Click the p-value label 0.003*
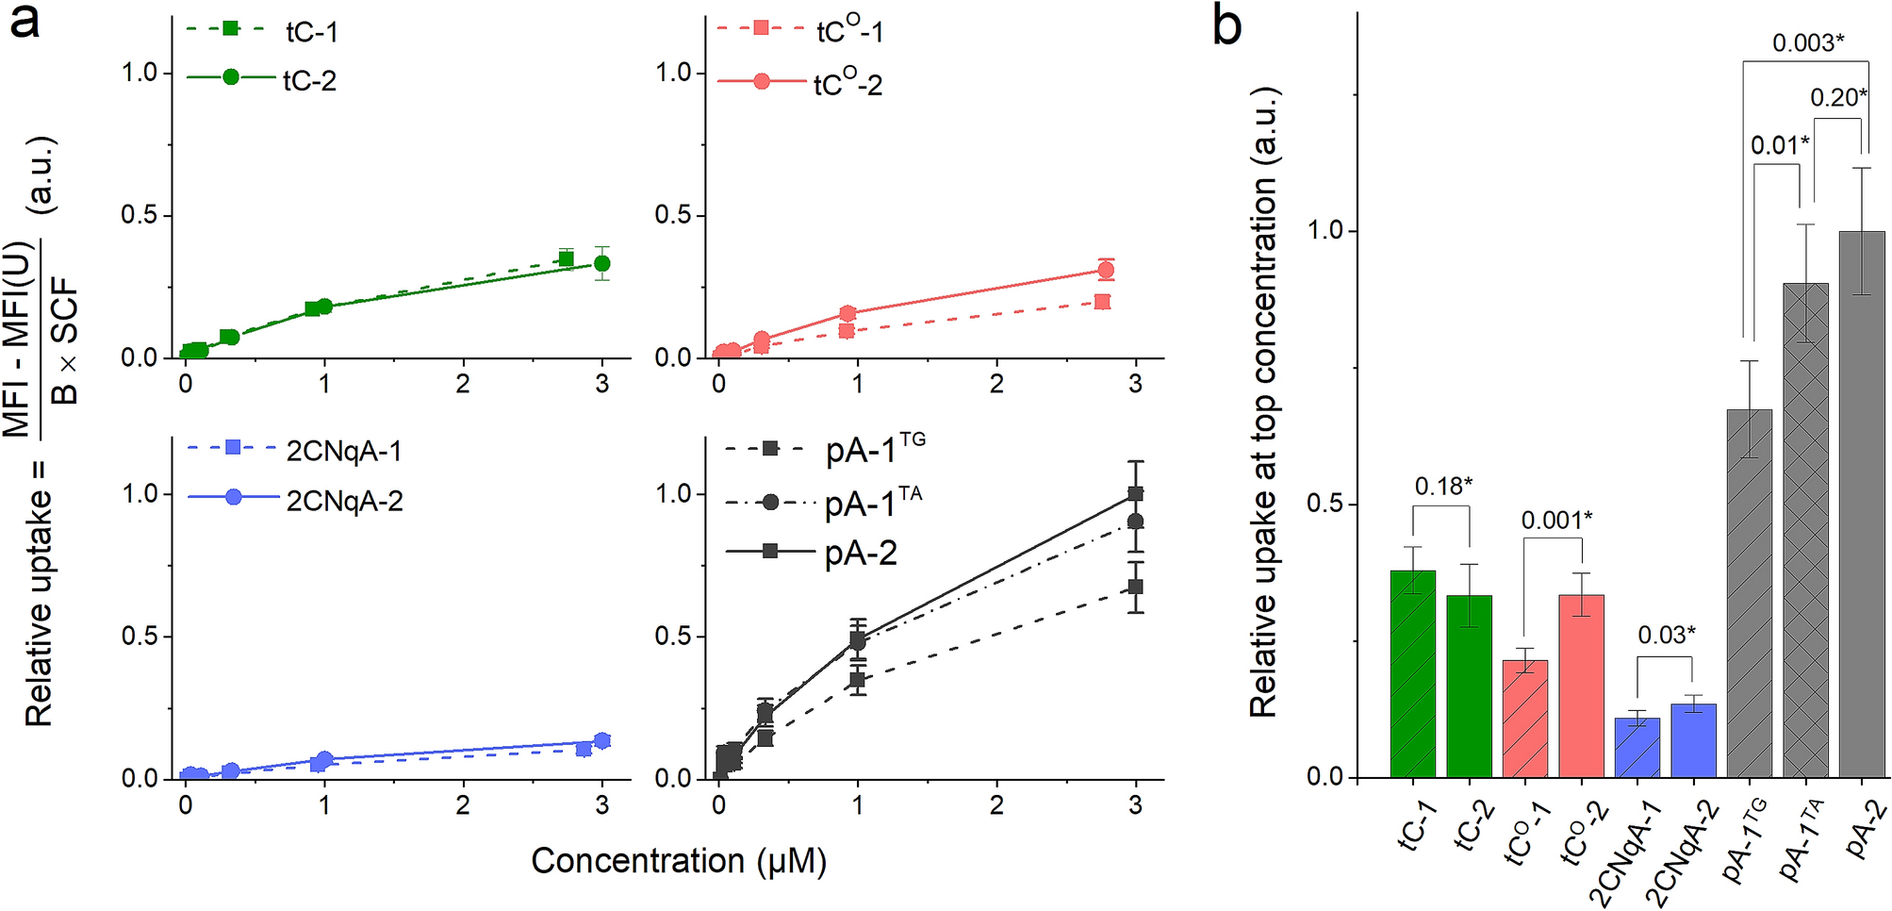pos(1807,43)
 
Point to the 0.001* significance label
pos(1556,521)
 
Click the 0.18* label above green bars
pos(1443,487)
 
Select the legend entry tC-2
pos(309,81)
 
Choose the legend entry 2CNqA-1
pos(344,452)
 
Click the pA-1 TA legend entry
pos(872,505)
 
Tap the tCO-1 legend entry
pos(849,31)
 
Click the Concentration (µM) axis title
pos(678,861)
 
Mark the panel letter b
pos(1226,25)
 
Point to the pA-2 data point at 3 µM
pos(1135,493)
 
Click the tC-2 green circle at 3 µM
pos(601,263)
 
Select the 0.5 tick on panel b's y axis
pos(1324,505)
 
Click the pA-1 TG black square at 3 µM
pos(1135,587)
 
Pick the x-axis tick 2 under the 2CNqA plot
pos(463,805)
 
